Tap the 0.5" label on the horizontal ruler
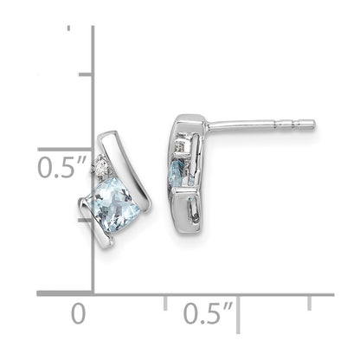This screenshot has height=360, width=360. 207,312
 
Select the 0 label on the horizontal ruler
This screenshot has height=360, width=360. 78,312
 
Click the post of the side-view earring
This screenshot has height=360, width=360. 260,125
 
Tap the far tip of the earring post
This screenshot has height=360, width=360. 312,125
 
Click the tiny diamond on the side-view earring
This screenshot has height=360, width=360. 180,146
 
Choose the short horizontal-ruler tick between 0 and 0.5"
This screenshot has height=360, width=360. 165,301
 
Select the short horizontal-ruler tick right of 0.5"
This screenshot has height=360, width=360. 309,301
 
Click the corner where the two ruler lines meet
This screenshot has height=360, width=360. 93,294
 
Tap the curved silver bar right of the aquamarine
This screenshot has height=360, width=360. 141,173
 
